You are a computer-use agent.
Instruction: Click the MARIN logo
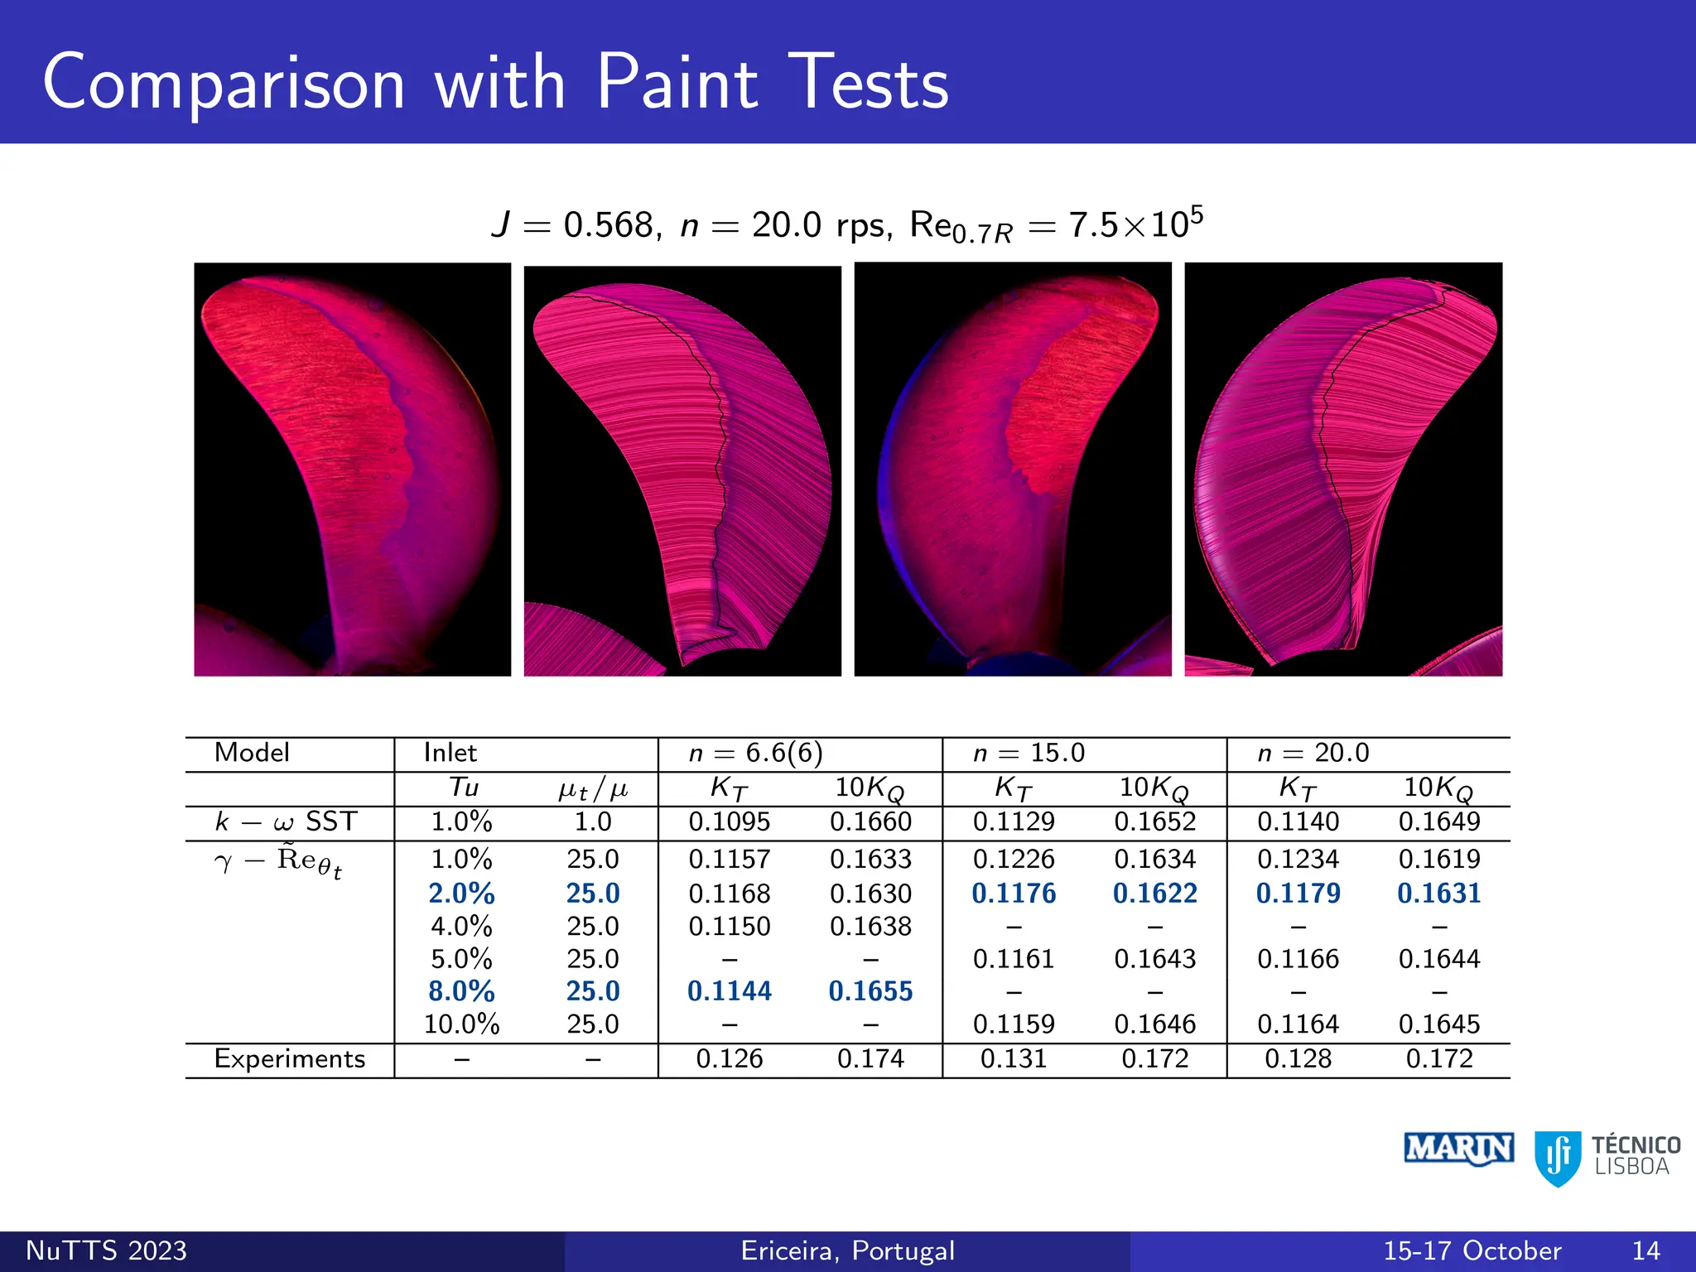(1459, 1149)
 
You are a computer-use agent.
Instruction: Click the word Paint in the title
(677, 83)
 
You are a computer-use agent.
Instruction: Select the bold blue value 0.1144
(729, 991)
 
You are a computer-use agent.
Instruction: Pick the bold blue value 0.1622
(1154, 894)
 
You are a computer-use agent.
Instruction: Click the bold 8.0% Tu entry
(461, 991)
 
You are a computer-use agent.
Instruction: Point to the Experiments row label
(289, 1059)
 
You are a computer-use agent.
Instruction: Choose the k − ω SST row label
(286, 821)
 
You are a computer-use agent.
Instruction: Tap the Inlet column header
(450, 753)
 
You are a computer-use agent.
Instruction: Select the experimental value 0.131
(1014, 1059)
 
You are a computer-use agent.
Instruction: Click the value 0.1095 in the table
(729, 821)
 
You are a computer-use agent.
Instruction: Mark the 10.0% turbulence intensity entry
(461, 1024)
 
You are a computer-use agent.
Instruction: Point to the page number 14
(1645, 1250)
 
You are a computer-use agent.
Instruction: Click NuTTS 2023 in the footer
(107, 1250)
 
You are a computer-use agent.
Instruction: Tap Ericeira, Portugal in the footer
(847, 1250)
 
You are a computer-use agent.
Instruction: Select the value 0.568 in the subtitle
(609, 225)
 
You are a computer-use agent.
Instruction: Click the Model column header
(252, 753)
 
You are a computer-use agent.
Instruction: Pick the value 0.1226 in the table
(1014, 859)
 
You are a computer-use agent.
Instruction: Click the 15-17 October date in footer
(1472, 1250)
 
